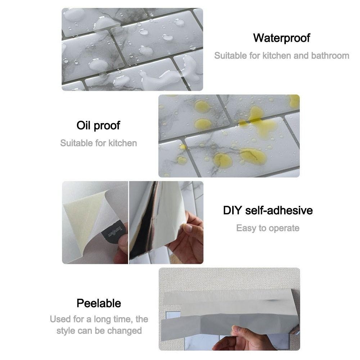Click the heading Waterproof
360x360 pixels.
point(282,38)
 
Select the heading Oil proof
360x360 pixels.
point(98,126)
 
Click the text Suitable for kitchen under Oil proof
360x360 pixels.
point(99,143)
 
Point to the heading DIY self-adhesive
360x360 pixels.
point(268,210)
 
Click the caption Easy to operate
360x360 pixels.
point(268,228)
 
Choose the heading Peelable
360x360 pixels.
point(99,303)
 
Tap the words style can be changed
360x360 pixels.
point(99,330)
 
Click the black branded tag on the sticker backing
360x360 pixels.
point(114,232)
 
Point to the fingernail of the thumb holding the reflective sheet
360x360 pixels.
point(189,228)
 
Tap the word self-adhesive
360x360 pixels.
point(279,210)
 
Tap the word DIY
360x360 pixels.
point(232,210)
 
